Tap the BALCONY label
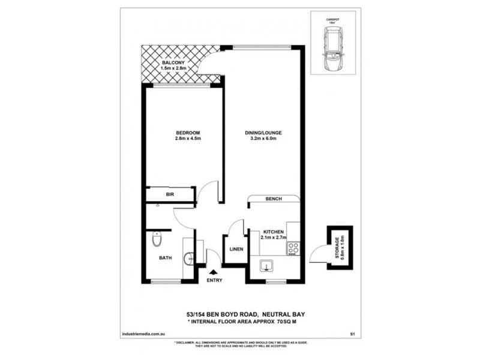(x=174, y=62)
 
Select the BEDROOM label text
(x=187, y=133)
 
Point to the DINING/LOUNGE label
(x=263, y=133)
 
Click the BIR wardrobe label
(x=170, y=194)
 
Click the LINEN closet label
(x=235, y=249)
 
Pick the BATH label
(x=166, y=259)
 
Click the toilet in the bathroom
(x=157, y=241)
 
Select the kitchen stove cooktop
(x=294, y=248)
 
